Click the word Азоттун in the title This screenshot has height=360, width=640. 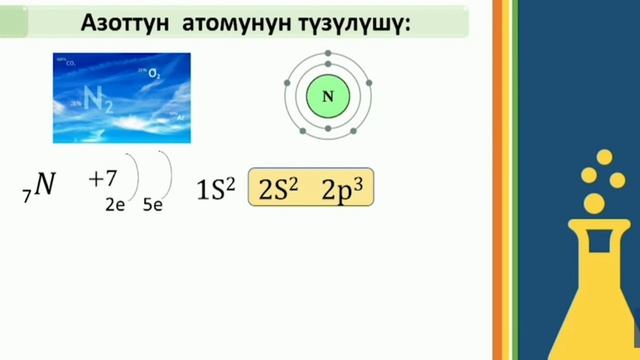(x=124, y=24)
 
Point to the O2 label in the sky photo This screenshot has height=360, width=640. (x=153, y=74)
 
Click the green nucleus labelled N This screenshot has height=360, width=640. (x=328, y=96)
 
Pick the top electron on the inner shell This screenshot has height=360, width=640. (x=328, y=67)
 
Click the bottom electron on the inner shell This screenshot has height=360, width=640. (x=328, y=126)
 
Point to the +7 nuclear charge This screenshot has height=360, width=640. (x=103, y=179)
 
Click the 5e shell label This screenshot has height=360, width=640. (x=153, y=204)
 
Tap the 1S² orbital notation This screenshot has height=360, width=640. (x=216, y=188)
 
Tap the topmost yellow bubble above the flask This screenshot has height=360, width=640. (x=604, y=157)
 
